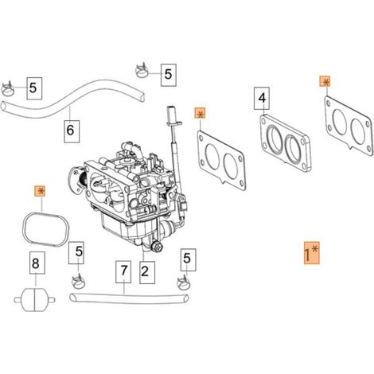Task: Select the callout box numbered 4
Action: tap(262, 98)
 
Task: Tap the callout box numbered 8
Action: tap(37, 263)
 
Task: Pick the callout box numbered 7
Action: tap(123, 272)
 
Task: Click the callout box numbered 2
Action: tap(147, 272)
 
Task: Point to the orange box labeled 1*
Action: tap(312, 253)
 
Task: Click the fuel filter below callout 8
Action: tap(35, 300)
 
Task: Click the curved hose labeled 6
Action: tap(69, 107)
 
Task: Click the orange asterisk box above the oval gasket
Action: tap(41, 191)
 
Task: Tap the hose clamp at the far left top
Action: tap(10, 89)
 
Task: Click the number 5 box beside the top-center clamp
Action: tap(169, 75)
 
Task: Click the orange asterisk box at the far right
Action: tap(325, 83)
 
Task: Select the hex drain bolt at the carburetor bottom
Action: tap(156, 247)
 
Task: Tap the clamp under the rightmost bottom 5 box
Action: tap(184, 282)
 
